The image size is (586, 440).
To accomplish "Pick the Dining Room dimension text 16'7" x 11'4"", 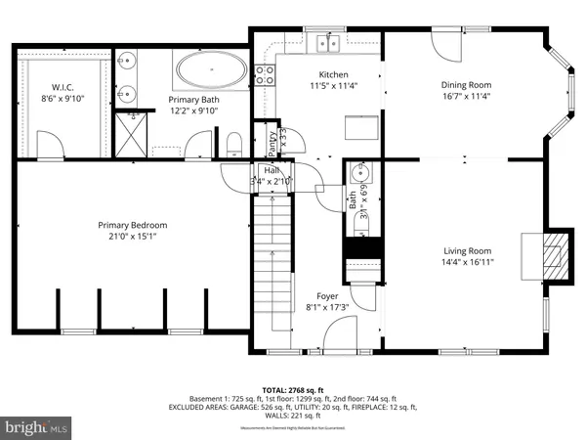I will coord(464,97).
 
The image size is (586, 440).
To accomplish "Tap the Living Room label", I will coord(464,250).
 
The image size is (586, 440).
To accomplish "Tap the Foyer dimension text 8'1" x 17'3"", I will coord(326,306).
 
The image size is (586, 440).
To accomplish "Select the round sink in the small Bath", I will coord(358,177).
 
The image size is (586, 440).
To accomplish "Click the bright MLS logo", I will coord(36,426).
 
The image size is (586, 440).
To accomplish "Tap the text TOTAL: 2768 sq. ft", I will coord(292,389).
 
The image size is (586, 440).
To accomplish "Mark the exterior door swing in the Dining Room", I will coord(442,44).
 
